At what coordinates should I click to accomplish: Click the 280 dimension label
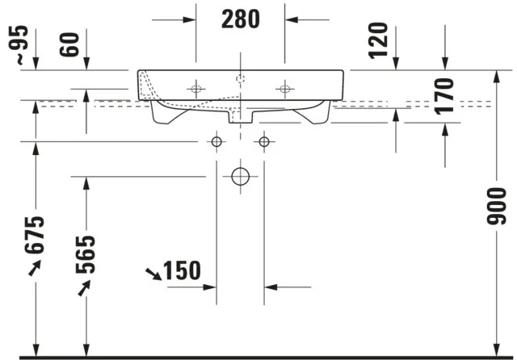[241, 19]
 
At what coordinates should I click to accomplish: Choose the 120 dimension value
[379, 41]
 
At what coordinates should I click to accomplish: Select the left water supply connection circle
[216, 142]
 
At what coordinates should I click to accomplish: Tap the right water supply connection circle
[263, 142]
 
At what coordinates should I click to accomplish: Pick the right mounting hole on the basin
[284, 89]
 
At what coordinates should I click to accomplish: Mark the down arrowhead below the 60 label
[86, 65]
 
